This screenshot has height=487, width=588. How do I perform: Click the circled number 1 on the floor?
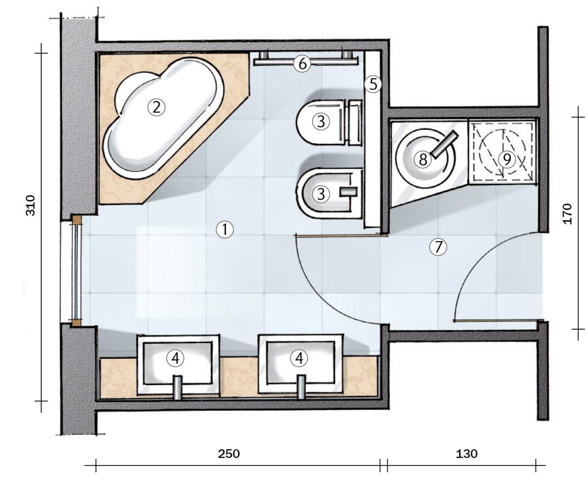[225, 230]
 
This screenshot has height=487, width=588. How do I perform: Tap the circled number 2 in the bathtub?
[157, 108]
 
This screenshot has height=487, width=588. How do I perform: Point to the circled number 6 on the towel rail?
[302, 64]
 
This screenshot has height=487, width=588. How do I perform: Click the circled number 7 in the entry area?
[438, 247]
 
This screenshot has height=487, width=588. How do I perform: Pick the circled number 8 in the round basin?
[423, 159]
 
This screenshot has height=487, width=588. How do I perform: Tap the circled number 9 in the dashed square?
[507, 159]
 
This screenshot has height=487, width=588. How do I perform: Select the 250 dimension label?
[229, 454]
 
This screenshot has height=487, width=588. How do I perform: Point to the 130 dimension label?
[467, 454]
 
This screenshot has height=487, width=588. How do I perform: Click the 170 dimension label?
[567, 214]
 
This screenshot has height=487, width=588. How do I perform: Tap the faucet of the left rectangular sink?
[178, 387]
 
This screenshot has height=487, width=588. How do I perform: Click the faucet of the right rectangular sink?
[301, 387]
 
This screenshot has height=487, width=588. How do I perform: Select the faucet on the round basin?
[444, 145]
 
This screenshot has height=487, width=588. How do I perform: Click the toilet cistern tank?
[355, 122]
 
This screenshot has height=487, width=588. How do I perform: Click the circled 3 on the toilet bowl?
[321, 121]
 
